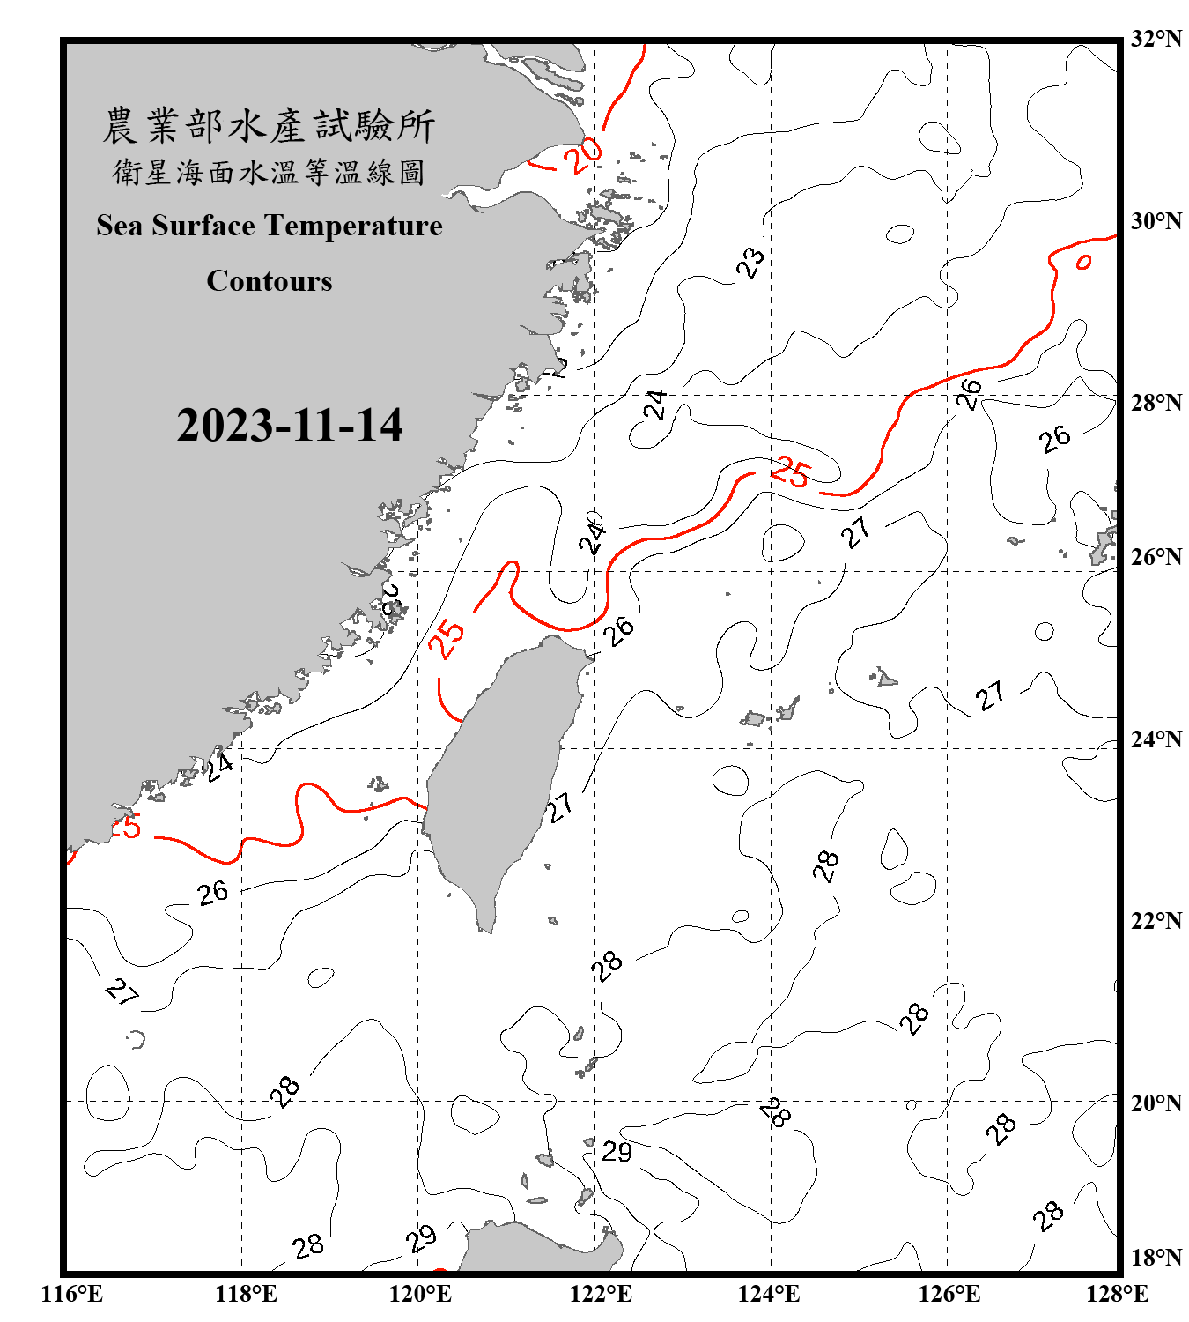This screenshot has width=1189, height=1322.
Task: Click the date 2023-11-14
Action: [x=290, y=426]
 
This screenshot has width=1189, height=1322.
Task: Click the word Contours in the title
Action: [x=270, y=281]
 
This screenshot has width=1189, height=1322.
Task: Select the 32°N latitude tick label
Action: [x=1156, y=39]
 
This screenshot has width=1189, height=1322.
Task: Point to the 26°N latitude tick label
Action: [x=1156, y=557]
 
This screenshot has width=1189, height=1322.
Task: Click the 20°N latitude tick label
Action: [x=1156, y=1103]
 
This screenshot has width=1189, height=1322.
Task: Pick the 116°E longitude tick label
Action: [x=71, y=1294]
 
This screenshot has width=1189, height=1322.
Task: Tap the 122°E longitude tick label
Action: [x=601, y=1294]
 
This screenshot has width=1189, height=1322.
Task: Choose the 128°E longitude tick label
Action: [x=1117, y=1294]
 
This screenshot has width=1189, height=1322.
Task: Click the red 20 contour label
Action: [x=583, y=156]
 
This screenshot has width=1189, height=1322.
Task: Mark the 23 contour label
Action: [x=750, y=263]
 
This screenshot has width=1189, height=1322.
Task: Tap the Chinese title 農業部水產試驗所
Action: [x=269, y=126]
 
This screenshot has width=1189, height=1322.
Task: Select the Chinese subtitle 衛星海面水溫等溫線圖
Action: [x=269, y=172]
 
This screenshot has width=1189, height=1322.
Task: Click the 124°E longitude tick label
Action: [x=769, y=1294]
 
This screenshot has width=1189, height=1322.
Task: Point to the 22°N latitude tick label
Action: [x=1156, y=921]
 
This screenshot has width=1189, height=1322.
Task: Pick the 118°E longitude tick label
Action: [x=246, y=1294]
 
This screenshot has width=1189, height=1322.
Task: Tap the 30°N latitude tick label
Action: [x=1156, y=221]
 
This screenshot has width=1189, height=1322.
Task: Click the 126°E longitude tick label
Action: [x=949, y=1294]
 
